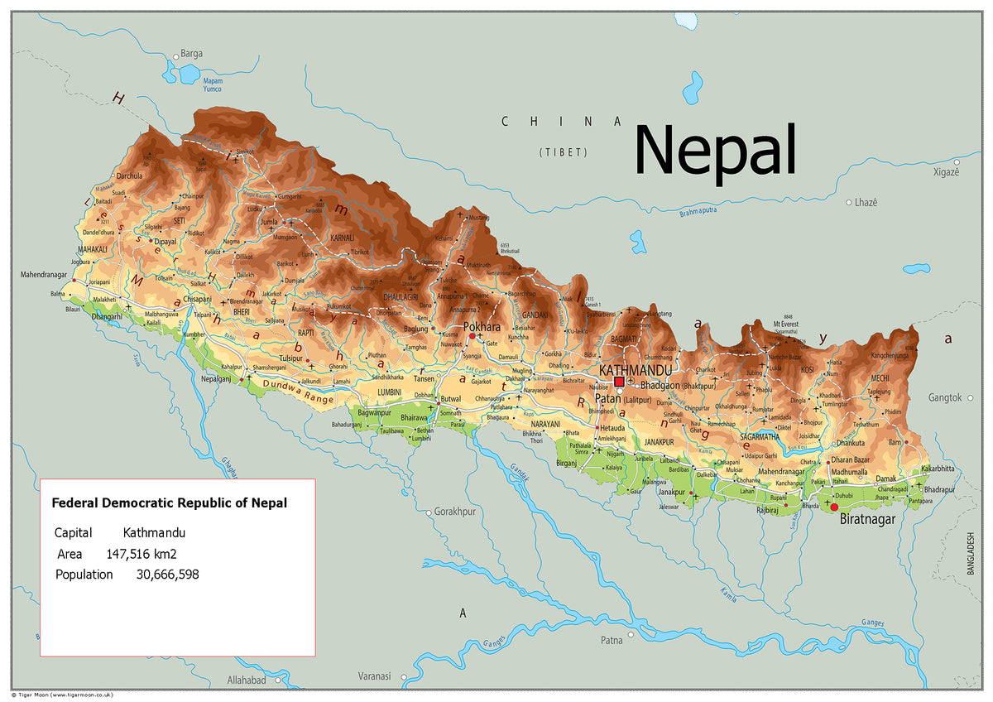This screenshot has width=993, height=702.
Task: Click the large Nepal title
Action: [715, 151]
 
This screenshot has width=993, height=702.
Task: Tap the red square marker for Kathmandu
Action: [619, 382]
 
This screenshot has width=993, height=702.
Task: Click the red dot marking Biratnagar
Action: [834, 507]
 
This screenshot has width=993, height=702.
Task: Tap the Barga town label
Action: [191, 54]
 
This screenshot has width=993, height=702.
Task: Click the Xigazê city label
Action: [946, 171]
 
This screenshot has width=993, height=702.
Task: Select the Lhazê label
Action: [866, 202]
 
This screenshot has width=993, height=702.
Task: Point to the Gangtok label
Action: [944, 397]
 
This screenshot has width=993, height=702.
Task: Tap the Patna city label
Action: [612, 640]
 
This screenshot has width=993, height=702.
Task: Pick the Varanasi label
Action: [374, 676]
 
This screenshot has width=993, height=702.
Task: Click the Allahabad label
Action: [247, 680]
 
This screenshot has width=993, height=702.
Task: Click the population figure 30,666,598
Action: [167, 574]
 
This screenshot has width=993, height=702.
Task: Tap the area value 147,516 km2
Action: [142, 554]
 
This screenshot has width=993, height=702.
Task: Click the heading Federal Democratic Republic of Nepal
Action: [170, 502]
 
